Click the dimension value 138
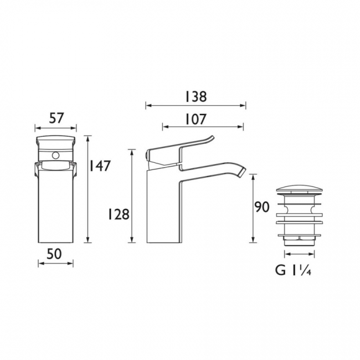[196, 97]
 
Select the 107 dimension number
[196, 120]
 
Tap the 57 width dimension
[56, 119]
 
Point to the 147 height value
[100, 166]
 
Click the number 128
[119, 215]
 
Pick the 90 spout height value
[262, 207]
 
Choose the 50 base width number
[54, 254]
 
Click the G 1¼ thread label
[294, 271]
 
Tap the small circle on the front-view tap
[55, 156]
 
